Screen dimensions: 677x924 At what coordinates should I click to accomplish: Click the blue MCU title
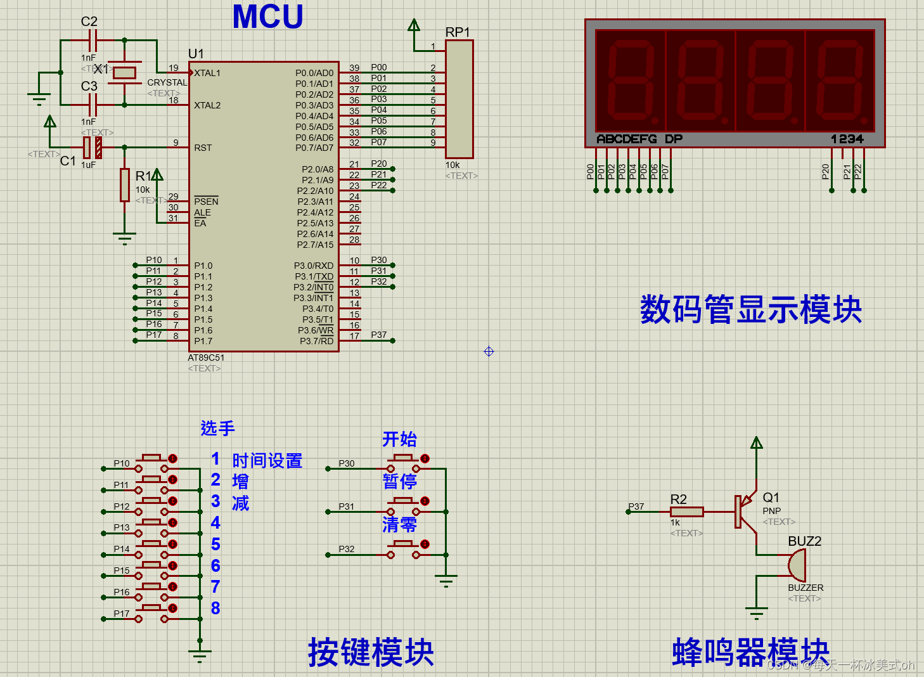click(267, 17)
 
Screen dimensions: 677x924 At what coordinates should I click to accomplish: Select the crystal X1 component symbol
click(124, 72)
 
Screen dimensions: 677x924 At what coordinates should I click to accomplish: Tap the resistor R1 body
click(125, 185)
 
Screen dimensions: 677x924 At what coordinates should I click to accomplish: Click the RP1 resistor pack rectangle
click(459, 100)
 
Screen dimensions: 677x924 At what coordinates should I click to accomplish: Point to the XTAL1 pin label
click(207, 73)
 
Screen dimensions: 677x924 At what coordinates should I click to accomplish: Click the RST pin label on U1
click(203, 148)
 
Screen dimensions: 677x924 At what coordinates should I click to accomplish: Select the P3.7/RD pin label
click(316, 341)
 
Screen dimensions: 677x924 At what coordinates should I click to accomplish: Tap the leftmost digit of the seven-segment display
click(631, 81)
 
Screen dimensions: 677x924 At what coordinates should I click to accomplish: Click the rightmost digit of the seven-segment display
click(840, 81)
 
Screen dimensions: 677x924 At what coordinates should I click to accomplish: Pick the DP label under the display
click(674, 139)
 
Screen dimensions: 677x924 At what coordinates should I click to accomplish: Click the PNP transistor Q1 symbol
click(746, 511)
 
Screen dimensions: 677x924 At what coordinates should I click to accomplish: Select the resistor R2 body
click(687, 512)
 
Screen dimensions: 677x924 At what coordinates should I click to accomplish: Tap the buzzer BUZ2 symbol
click(796, 565)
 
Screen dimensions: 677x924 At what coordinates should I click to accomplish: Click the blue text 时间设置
click(267, 461)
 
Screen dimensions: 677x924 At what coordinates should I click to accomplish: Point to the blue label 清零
click(399, 524)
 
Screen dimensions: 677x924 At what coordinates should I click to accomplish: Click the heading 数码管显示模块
click(751, 309)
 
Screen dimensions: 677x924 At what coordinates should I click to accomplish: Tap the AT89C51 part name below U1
click(206, 358)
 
